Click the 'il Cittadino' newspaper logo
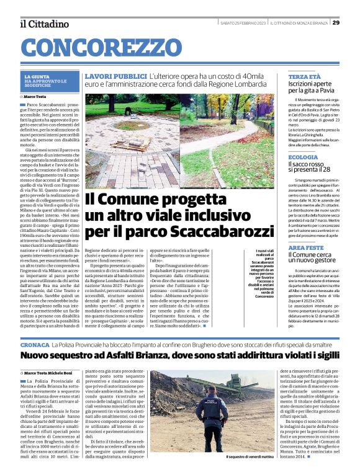pyautogui.click(x=44, y=24)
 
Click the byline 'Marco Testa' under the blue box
pyautogui.click(x=37, y=97)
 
